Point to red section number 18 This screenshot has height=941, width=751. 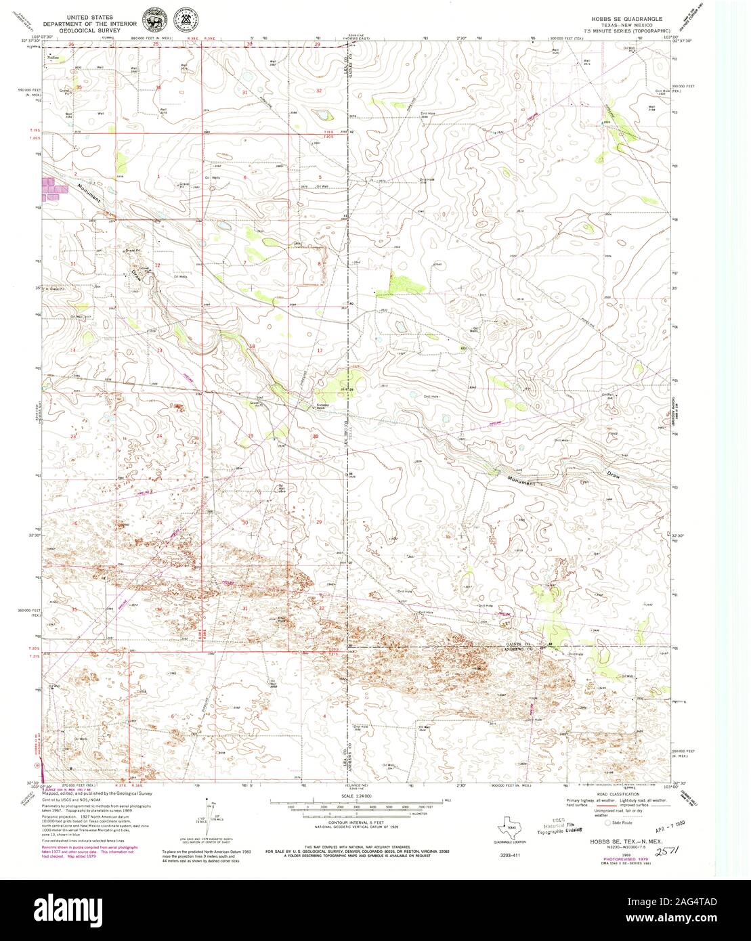pyautogui.click(x=252, y=347)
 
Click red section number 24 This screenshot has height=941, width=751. pyautogui.click(x=160, y=436)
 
